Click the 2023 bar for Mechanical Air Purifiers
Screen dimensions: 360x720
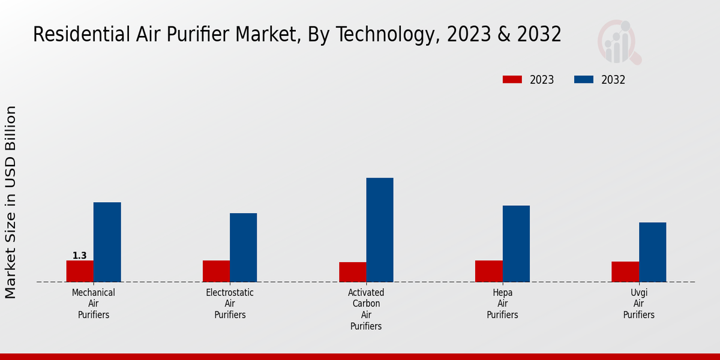pyautogui.click(x=80, y=271)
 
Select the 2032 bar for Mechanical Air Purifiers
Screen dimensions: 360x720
pyautogui.click(x=107, y=242)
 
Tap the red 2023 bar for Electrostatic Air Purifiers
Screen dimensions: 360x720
pyautogui.click(x=216, y=271)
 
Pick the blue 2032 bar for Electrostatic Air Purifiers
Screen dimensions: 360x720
pyautogui.click(x=243, y=248)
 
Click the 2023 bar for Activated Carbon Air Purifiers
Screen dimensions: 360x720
pyautogui.click(x=352, y=272)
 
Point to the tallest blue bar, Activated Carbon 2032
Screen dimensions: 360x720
pyautogui.click(x=380, y=230)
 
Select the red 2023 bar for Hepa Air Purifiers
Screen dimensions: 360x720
pyautogui.click(x=488, y=271)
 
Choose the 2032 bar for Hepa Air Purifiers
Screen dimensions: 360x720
pyautogui.click(x=516, y=244)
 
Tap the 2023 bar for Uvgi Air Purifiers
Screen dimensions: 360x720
pyautogui.click(x=625, y=272)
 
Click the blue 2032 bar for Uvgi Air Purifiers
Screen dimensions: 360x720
pyautogui.click(x=652, y=252)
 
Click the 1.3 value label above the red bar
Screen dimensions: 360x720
pyautogui.click(x=80, y=256)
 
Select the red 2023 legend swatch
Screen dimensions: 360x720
pyautogui.click(x=512, y=80)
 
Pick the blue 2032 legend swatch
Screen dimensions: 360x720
pyautogui.click(x=584, y=80)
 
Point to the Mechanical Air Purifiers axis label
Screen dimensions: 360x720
pyautogui.click(x=94, y=304)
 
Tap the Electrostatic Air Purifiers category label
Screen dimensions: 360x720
pyautogui.click(x=230, y=304)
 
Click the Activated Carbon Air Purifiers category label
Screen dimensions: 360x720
pyautogui.click(x=366, y=309)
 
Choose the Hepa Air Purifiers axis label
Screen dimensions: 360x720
pyautogui.click(x=502, y=304)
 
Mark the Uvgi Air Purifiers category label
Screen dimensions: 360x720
pyautogui.click(x=638, y=304)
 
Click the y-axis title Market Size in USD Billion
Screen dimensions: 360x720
pyautogui.click(x=11, y=202)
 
